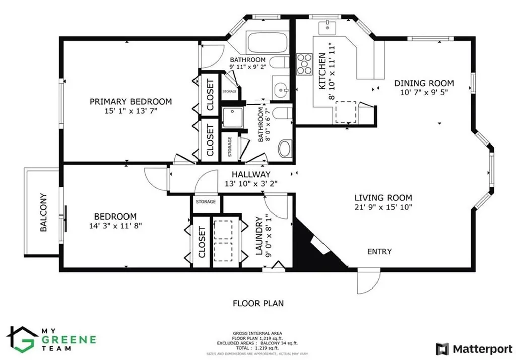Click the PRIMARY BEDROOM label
click(131, 101)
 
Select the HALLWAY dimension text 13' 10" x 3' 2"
click(251, 184)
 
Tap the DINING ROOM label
click(424, 83)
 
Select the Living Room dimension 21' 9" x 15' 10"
click(383, 207)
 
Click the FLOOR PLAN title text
click(258, 303)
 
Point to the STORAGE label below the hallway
click(206, 201)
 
